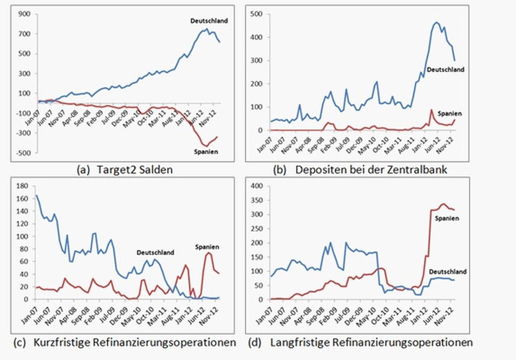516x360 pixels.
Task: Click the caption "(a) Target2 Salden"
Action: [x=124, y=169]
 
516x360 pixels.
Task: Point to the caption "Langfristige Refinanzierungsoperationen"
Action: [x=372, y=342]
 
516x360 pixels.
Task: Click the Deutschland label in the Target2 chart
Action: [x=209, y=20]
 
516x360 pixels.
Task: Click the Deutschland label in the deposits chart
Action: [x=445, y=69]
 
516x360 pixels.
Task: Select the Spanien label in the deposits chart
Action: [x=450, y=114]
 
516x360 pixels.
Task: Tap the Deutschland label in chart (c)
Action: [x=155, y=252]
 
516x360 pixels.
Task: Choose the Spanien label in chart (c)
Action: [x=207, y=247]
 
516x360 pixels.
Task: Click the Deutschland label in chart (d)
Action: [x=448, y=272]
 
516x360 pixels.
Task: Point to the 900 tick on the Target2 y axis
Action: [x=24, y=14]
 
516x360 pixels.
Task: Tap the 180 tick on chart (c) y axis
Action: [x=22, y=186]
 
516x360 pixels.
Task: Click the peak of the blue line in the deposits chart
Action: [x=436, y=22]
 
